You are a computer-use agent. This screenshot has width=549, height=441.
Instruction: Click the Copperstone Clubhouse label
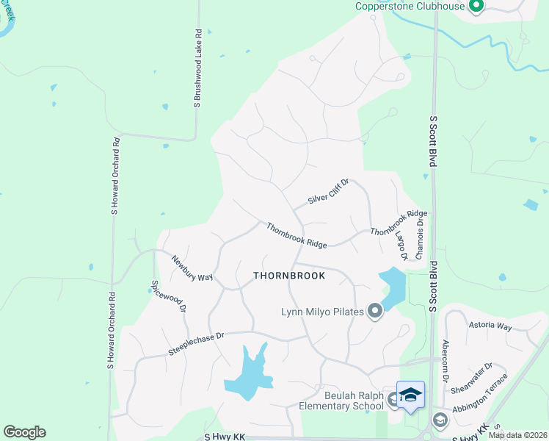(410, 7)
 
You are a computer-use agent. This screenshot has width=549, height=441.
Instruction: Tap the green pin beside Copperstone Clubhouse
(476, 7)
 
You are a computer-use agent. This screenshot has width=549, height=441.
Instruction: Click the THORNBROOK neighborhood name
(288, 276)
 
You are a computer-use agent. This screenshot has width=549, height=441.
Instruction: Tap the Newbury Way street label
(192, 268)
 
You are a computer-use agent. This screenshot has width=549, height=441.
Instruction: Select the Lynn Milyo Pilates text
(323, 312)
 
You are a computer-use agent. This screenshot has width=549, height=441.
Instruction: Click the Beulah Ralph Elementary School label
(341, 400)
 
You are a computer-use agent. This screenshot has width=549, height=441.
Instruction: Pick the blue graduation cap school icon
(410, 395)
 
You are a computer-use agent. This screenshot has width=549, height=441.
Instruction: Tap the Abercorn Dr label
(445, 359)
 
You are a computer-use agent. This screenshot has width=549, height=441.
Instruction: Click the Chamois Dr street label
(420, 235)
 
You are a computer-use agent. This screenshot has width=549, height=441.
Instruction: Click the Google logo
(24, 432)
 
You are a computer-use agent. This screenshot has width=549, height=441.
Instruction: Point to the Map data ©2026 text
(517, 435)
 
